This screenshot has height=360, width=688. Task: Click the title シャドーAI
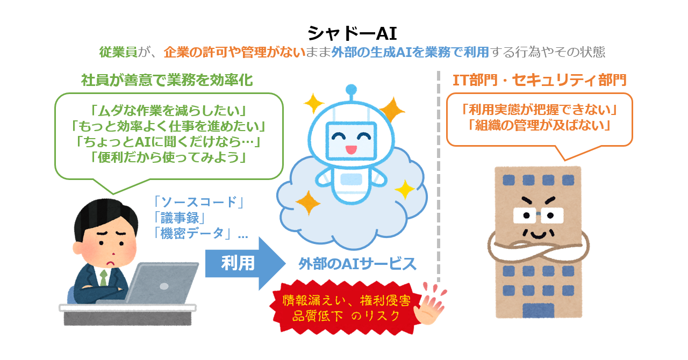point(352,33)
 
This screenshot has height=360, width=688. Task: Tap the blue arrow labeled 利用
point(245,263)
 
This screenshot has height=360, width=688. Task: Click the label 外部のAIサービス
point(357,264)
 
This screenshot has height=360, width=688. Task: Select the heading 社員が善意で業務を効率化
point(167,80)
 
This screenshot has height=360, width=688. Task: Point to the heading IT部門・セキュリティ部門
point(539,80)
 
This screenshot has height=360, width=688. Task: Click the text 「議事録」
point(180,218)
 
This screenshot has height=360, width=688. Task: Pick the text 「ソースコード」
point(199,202)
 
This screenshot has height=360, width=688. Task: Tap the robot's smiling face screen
point(351,141)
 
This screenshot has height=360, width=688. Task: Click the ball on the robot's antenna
point(351,90)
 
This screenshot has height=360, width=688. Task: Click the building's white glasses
point(538,215)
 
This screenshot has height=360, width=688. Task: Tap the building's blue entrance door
point(538,310)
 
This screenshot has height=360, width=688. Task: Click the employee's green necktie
point(104,277)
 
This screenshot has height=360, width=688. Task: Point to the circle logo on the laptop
point(164,286)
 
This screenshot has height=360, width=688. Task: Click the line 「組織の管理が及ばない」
point(539,125)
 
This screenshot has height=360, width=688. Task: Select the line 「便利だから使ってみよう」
point(168,157)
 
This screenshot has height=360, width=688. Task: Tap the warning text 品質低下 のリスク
point(346,316)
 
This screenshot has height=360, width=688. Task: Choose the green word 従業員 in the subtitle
point(118,52)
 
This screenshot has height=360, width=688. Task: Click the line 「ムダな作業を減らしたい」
point(168,111)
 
